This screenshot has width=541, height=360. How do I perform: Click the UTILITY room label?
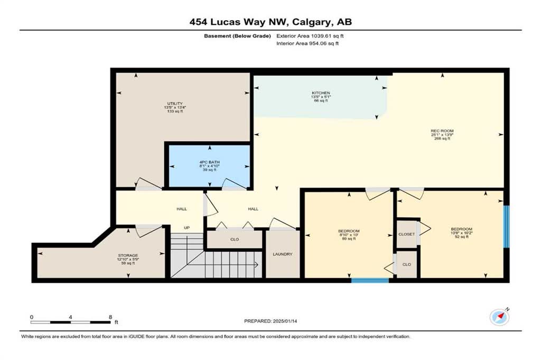[x=175, y=103]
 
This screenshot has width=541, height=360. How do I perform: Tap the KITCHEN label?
[x=321, y=93]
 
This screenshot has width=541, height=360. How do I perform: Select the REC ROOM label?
[x=442, y=131]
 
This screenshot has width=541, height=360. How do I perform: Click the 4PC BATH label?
[x=209, y=162]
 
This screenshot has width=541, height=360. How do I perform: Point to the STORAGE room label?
[x=128, y=255]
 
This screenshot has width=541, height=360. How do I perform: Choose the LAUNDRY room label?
[x=283, y=254]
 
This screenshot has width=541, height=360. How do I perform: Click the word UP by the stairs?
[x=186, y=228]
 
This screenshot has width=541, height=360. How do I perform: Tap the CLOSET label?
[x=406, y=234]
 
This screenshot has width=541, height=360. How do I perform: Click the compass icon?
[x=499, y=317]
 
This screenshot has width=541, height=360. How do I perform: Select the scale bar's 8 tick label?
[x=110, y=317]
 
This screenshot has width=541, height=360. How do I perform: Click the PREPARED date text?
[x=270, y=321]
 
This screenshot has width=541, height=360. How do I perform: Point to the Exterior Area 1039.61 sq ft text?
[x=310, y=36]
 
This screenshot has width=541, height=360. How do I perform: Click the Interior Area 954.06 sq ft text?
[x=307, y=43]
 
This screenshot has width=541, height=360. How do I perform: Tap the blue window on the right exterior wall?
[x=506, y=226]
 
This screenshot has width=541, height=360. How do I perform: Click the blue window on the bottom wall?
[x=370, y=280]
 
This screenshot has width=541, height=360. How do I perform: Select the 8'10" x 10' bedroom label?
[x=349, y=234]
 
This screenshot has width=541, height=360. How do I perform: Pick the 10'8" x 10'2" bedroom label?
[x=462, y=233]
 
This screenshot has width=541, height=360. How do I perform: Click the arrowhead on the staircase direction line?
[x=256, y=265]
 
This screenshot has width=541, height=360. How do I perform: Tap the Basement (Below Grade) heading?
[x=237, y=36]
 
